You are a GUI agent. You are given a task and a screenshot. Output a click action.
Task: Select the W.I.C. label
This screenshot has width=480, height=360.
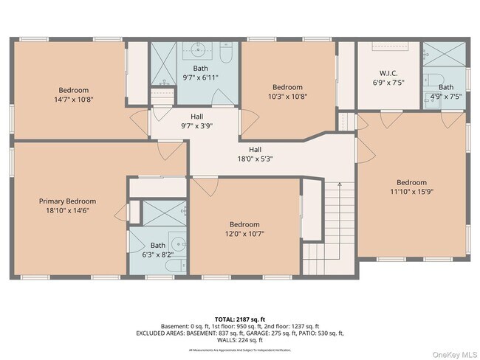click(x=388, y=73)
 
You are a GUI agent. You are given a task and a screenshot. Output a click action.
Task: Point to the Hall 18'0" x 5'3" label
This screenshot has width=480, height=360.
click(x=255, y=153)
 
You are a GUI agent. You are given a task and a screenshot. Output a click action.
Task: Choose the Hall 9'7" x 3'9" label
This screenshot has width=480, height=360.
click(x=196, y=121)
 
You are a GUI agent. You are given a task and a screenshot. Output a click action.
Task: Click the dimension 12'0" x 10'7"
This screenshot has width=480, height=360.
click(x=244, y=234)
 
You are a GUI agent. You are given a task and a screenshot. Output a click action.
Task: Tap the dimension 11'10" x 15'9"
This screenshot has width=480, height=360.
click(x=411, y=192)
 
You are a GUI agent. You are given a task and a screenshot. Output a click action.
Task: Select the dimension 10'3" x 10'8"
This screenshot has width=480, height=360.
click(x=287, y=96)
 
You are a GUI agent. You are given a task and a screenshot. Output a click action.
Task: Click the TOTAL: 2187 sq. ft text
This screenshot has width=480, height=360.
click(x=239, y=319)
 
